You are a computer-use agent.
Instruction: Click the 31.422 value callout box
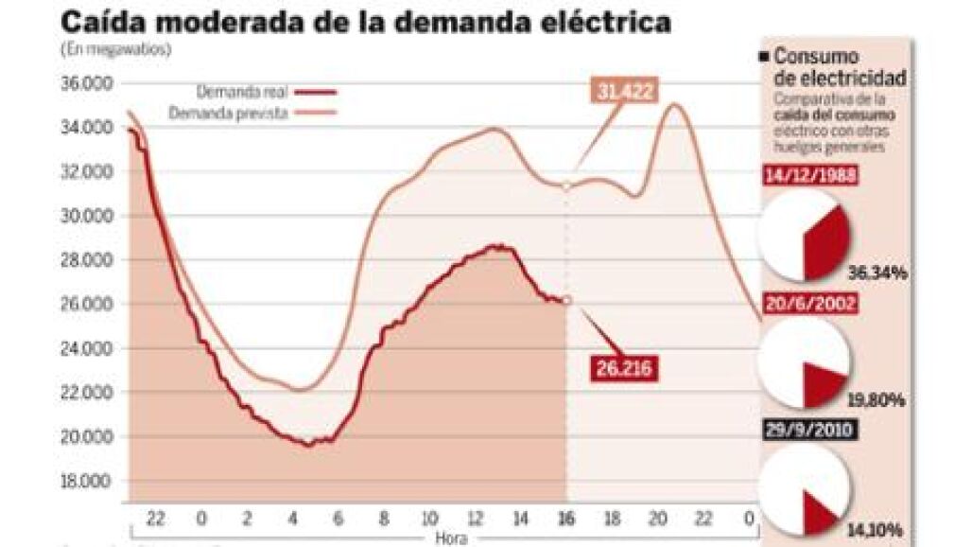point(626,92)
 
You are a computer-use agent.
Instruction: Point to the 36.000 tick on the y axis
point(85,83)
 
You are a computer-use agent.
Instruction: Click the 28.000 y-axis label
point(85,260)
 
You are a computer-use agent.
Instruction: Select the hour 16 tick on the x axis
point(566,518)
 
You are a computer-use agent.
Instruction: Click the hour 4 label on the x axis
point(291,518)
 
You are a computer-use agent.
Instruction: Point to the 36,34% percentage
point(879,273)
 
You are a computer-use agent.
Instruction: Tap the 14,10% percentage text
point(879,528)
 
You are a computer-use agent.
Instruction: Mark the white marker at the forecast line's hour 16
point(566,187)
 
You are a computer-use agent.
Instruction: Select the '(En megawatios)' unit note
point(116,50)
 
